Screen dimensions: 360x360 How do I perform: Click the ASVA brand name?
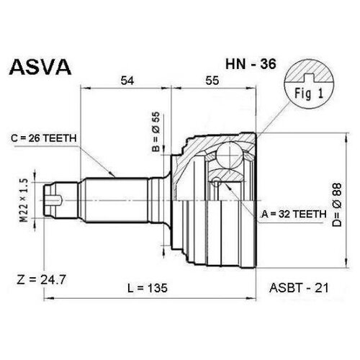click(x=40, y=67)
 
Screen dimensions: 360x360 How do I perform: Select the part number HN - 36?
click(x=251, y=64)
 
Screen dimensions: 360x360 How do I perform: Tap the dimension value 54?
click(x=127, y=81)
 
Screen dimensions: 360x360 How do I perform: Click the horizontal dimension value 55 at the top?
click(x=212, y=81)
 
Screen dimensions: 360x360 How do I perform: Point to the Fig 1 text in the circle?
click(x=309, y=94)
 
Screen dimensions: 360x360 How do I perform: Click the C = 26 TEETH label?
click(x=44, y=138)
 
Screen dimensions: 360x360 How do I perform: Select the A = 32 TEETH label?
click(x=294, y=214)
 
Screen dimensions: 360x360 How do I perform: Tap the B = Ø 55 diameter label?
click(x=156, y=132)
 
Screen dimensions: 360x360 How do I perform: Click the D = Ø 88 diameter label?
click(x=337, y=204)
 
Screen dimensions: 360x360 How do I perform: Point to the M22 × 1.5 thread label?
click(x=24, y=201)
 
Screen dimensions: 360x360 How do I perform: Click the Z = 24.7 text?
click(x=41, y=280)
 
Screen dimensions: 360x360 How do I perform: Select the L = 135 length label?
click(x=148, y=288)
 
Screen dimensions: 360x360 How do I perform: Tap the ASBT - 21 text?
click(x=299, y=288)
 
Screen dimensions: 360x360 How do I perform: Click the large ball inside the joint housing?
click(x=230, y=155)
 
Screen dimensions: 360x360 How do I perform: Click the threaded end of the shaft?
click(x=60, y=200)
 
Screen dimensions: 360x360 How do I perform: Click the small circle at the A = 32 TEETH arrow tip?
click(x=217, y=182)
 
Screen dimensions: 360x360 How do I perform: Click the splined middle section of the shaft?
click(x=117, y=200)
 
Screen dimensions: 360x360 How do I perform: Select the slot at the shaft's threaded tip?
click(x=55, y=199)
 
